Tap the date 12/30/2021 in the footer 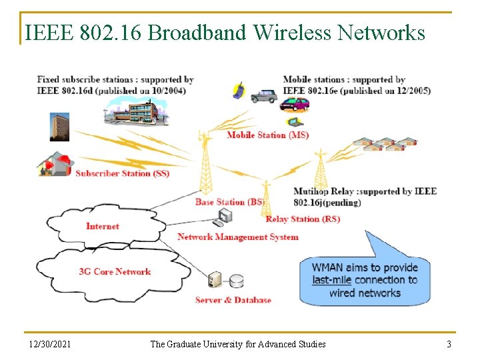tap(50, 344)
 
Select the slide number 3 tap(449, 344)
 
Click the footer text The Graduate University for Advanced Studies tap(238, 344)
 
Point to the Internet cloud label tap(103, 226)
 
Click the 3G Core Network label tap(115, 271)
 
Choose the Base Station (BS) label tap(229, 202)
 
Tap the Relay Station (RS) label tap(303, 219)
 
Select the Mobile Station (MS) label tap(267, 135)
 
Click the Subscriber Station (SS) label tap(122, 173)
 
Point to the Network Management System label tap(238, 237)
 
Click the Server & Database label tap(233, 300)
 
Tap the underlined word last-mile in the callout tap(331, 280)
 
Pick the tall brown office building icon tap(59, 127)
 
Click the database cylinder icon tap(236, 281)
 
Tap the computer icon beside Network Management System tap(225, 215)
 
